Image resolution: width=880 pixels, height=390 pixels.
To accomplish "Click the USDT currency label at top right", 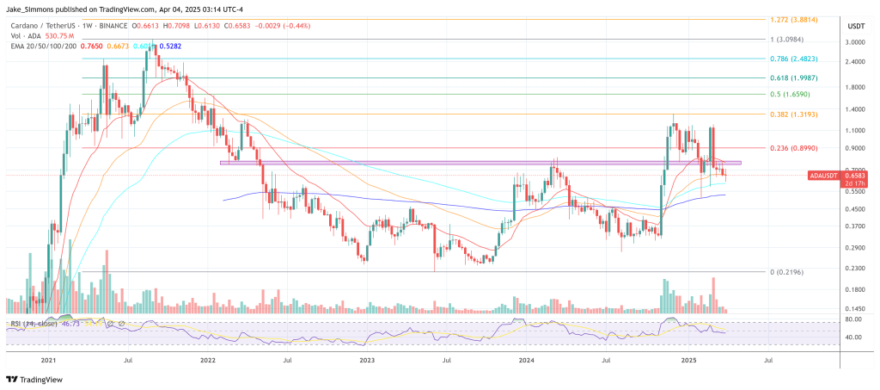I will pyautogui.click(x=855, y=26).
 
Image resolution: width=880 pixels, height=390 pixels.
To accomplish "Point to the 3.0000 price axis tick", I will pyautogui.click(x=855, y=41).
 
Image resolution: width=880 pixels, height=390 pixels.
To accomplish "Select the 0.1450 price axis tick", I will pyautogui.click(x=855, y=308).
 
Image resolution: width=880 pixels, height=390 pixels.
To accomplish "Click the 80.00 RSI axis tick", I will pyautogui.click(x=853, y=319).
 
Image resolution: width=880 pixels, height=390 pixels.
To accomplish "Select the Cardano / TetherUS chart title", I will pyautogui.click(x=44, y=26).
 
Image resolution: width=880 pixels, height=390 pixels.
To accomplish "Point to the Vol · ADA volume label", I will pyautogui.click(x=27, y=36).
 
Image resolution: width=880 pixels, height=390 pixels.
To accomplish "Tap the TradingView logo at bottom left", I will pyautogui.click(x=34, y=378).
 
